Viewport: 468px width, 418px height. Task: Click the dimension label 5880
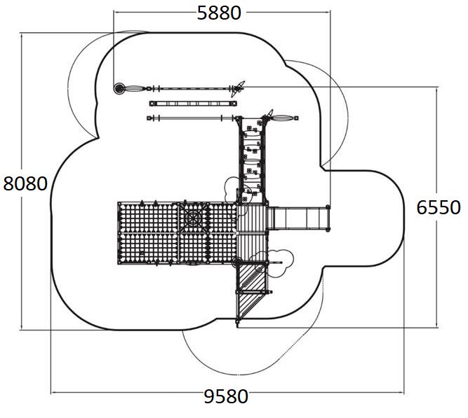(218, 13)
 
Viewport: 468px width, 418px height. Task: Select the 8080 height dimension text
(25, 183)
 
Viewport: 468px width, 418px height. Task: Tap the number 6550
(438, 207)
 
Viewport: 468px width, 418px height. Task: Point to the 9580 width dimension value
(226, 396)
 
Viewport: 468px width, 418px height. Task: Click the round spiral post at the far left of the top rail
(120, 88)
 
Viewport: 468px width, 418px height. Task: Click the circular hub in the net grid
(191, 217)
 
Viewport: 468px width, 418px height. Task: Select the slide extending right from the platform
(297, 218)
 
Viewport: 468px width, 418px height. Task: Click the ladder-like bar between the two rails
(191, 104)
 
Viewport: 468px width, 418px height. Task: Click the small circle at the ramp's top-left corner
(236, 263)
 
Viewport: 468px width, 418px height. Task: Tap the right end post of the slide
(328, 218)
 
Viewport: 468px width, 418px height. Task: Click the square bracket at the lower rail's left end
(150, 118)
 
